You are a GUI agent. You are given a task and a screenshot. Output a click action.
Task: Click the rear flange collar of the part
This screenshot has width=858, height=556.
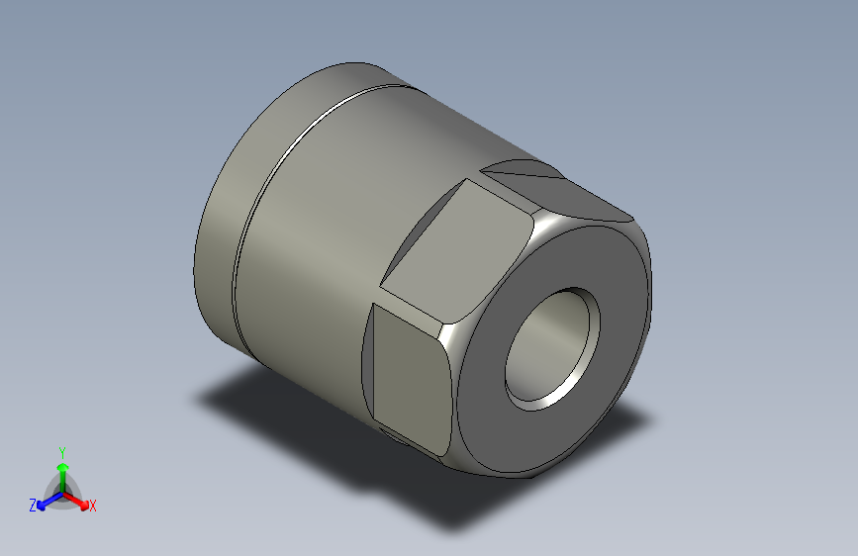223,247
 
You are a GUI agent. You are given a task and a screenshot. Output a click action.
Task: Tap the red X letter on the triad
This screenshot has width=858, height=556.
93,506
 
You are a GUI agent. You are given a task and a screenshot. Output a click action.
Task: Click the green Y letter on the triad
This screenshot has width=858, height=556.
61,449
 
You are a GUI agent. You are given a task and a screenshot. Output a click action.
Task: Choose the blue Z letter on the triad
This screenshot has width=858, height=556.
33,505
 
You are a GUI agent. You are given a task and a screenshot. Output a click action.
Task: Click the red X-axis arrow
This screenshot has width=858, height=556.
79,501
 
